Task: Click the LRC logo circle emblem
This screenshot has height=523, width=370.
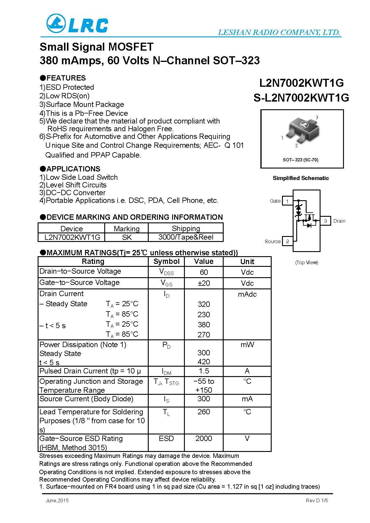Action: click(56, 24)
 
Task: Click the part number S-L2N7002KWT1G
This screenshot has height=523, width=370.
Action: click(301, 98)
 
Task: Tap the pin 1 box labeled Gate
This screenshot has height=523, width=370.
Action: click(287, 201)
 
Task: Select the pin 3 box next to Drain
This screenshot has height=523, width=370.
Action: click(326, 221)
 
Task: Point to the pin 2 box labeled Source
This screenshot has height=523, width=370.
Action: click(287, 241)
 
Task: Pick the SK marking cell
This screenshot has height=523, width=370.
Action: click(126, 237)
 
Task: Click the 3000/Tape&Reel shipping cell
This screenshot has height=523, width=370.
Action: click(186, 237)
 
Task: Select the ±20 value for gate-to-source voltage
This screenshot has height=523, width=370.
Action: click(204, 283)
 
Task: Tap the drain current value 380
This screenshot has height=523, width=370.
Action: click(204, 325)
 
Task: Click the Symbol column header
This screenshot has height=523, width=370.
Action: click(166, 261)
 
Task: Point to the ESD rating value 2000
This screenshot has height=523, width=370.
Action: click(204, 438)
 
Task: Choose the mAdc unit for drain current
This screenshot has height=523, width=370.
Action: click(247, 294)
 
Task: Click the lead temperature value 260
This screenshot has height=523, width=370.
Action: click(204, 412)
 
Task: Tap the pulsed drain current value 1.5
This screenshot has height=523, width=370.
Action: click(204, 371)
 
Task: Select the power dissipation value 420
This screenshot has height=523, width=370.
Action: click(204, 362)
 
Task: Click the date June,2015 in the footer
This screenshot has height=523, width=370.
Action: click(57, 500)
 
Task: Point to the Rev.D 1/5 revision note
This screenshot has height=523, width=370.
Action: click(317, 500)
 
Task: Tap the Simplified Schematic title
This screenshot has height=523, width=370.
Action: click(301, 178)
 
